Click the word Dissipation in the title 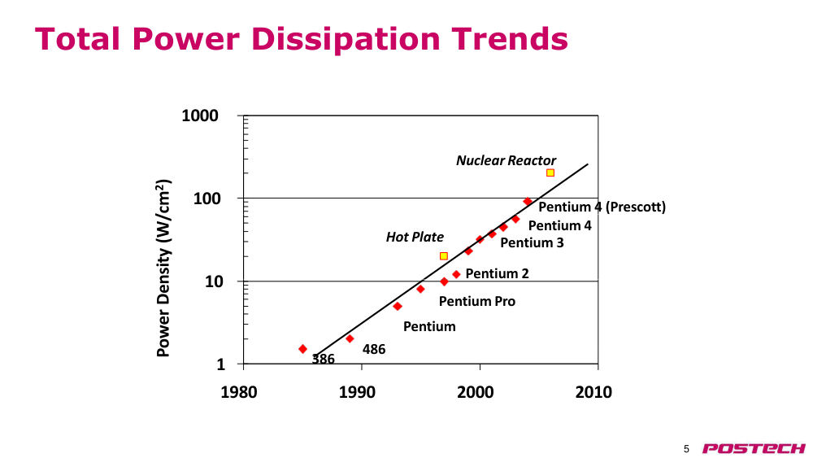[x=346, y=39]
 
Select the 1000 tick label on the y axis [x=200, y=116]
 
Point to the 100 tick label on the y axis [x=206, y=198]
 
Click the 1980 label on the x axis [x=239, y=392]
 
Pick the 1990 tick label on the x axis [x=357, y=392]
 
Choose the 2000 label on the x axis [x=476, y=392]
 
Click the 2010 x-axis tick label [x=593, y=392]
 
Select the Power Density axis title [x=163, y=268]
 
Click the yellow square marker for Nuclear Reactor [x=550, y=172]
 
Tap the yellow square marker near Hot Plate [x=443, y=256]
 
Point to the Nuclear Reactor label [x=506, y=161]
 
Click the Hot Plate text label [x=415, y=237]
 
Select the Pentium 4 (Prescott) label [x=602, y=207]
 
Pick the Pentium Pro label [x=477, y=301]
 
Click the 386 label [x=323, y=359]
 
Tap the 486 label [x=374, y=350]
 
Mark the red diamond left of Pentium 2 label [x=456, y=274]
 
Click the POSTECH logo [x=754, y=449]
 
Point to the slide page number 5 [x=686, y=449]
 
